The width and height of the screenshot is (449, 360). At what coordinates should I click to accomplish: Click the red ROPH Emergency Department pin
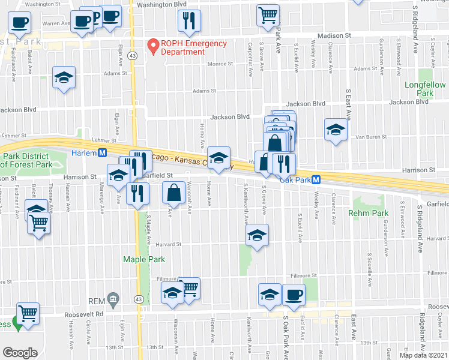153,46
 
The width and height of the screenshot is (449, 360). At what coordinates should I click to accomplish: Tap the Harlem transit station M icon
103,153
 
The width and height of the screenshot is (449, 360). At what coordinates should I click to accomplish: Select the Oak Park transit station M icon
316,179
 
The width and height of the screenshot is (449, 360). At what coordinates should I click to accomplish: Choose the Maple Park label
143,260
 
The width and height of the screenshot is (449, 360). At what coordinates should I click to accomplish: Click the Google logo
20,352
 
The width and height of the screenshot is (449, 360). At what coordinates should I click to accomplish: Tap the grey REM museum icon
113,299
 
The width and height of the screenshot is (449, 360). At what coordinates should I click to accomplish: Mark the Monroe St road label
220,64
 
